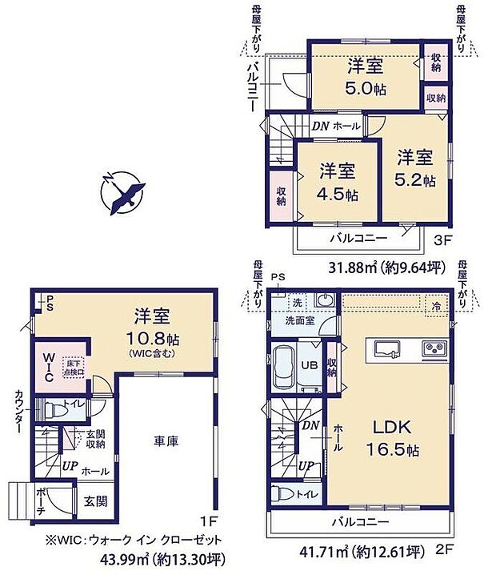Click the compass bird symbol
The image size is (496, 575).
coord(124,191)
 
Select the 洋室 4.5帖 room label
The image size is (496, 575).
coord(338,183)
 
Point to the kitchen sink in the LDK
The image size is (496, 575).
coord(386,348)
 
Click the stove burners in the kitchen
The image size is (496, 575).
coord(434,348)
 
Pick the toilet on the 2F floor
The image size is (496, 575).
coord(286,494)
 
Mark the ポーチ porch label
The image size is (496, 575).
coord(40,501)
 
